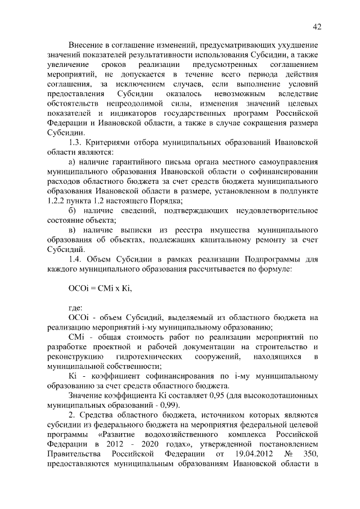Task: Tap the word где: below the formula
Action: pyautogui.click(x=75, y=308)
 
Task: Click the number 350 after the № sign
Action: pyautogui.click(x=310, y=453)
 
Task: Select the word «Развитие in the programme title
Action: pyautogui.click(x=122, y=434)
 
